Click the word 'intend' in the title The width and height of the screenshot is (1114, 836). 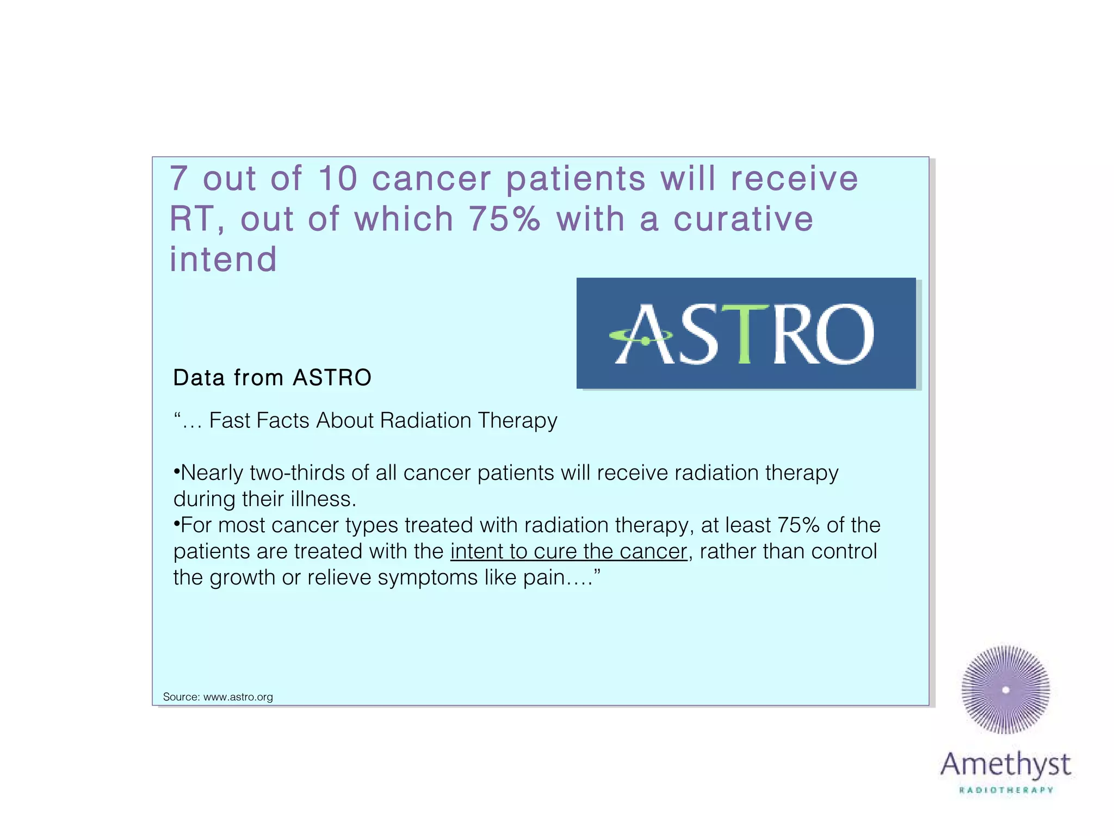(223, 259)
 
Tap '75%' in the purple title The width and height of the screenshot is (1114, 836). (504, 219)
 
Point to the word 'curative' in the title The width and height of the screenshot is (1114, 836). (743, 219)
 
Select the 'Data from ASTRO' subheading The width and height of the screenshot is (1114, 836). (272, 378)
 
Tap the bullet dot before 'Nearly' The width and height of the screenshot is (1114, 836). (176, 471)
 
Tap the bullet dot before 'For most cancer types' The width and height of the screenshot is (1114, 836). (176, 523)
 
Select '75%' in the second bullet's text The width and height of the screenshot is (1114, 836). (798, 525)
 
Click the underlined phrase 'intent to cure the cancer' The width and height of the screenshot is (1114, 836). (568, 551)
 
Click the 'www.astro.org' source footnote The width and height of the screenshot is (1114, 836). (238, 697)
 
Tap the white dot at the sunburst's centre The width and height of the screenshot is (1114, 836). (1006, 690)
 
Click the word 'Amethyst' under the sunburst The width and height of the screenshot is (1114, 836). (1006, 765)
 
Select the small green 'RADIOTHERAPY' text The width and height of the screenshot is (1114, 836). (1006, 790)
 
